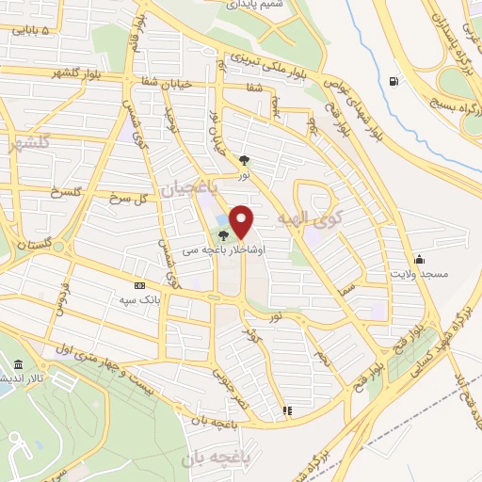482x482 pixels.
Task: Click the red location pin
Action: click(242, 222)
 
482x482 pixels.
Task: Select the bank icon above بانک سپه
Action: click(140, 286)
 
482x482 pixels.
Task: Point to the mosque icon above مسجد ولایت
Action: click(419, 259)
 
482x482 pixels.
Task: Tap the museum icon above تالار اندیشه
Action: click(20, 365)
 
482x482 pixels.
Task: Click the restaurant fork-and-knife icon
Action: click(287, 410)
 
